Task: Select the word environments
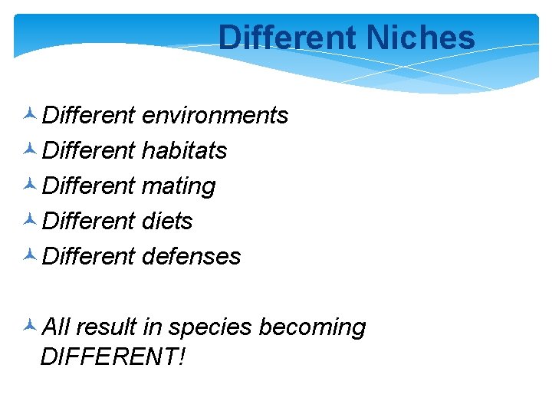point(215,115)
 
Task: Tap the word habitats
point(185,150)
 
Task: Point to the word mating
point(179,186)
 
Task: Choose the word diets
point(167,221)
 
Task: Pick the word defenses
point(192,256)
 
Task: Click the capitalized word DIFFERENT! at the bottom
point(112,356)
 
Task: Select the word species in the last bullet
point(210,327)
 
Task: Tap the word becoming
point(312,327)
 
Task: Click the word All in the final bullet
point(55,327)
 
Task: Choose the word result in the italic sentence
point(107,327)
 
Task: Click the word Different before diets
point(89,221)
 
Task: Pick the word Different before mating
point(89,186)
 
